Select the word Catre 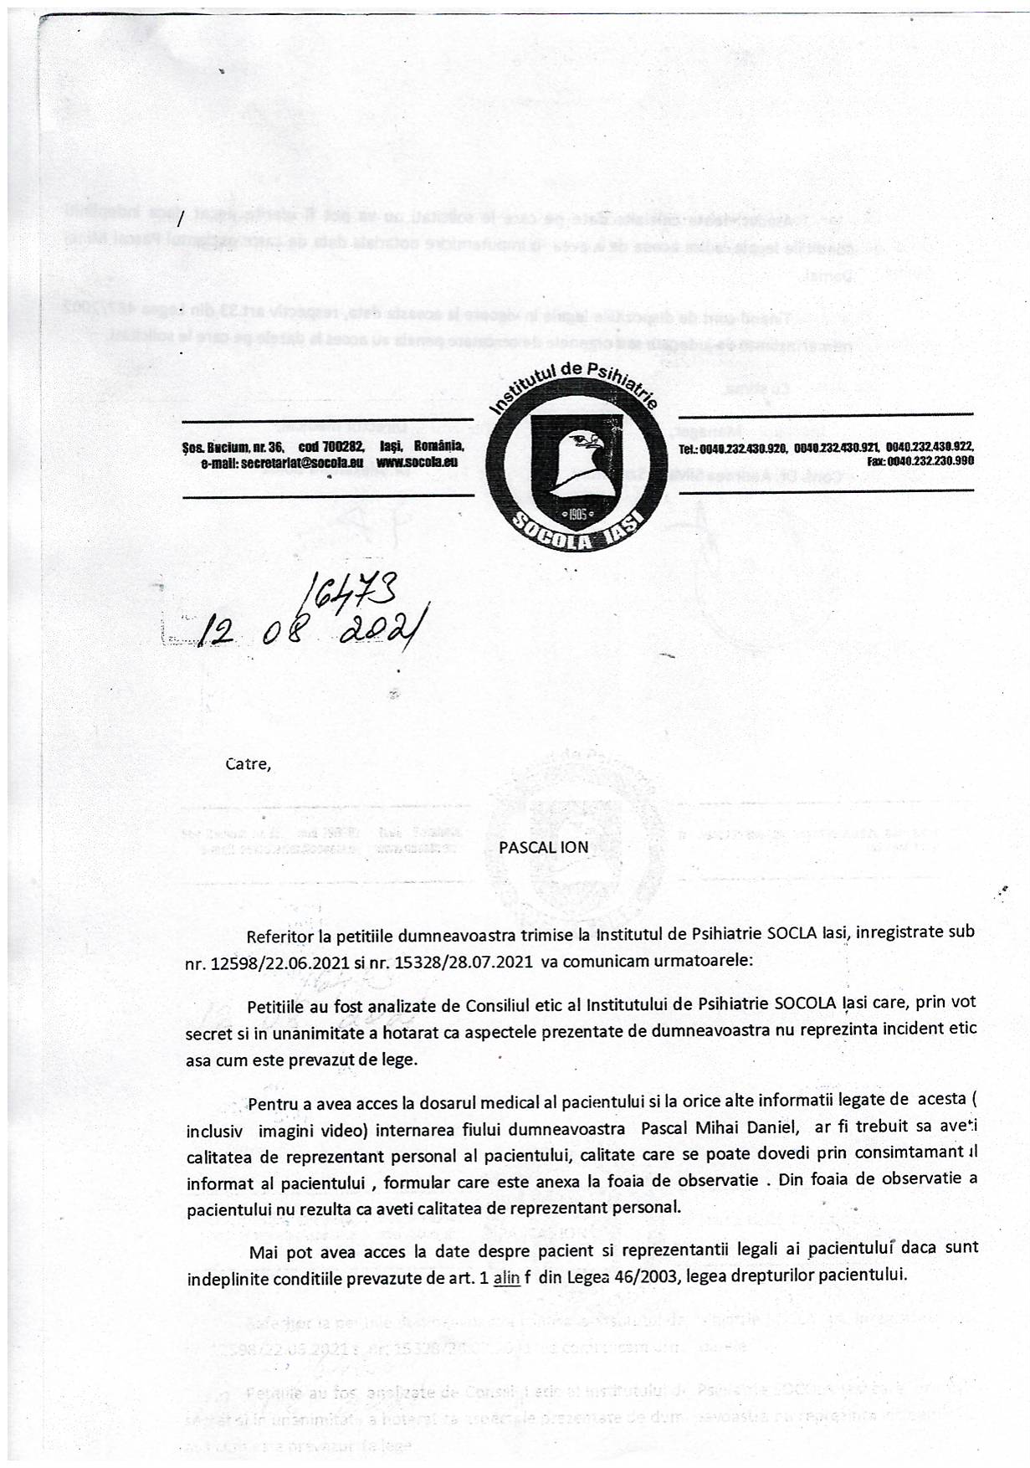click(x=248, y=764)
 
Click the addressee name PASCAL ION click(x=544, y=846)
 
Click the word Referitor click(x=280, y=932)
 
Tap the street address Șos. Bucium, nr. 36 click(x=233, y=448)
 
